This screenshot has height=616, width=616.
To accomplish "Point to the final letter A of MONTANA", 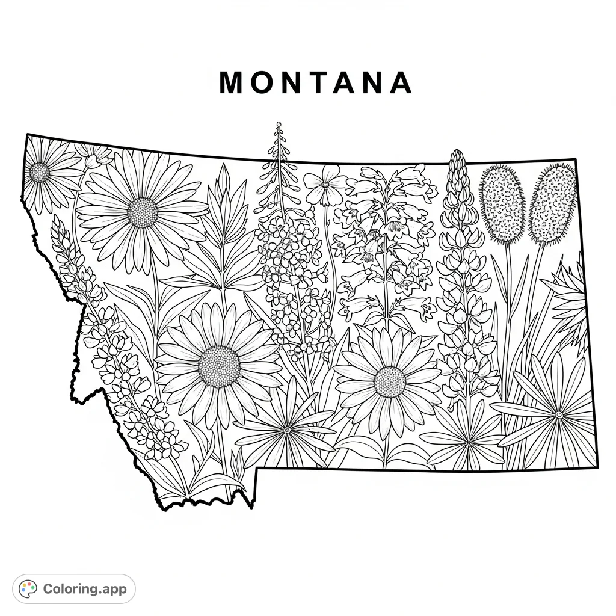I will point(399,84).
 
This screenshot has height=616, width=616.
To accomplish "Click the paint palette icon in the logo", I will point(28,589).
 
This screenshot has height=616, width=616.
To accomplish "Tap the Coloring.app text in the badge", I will point(85,589).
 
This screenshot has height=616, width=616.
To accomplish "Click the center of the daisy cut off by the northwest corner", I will point(40,173).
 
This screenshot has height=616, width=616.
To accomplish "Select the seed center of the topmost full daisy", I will point(143,212).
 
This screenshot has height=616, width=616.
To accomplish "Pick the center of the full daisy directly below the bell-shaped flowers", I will point(389,381).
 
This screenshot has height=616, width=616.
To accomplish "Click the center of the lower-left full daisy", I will point(219,366).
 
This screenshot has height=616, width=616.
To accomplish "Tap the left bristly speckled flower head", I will point(503,205).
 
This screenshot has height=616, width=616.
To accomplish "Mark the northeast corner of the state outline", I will point(576,159).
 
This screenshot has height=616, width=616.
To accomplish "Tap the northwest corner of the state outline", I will point(28,135).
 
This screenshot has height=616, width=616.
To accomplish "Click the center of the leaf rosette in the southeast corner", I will point(559,414).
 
